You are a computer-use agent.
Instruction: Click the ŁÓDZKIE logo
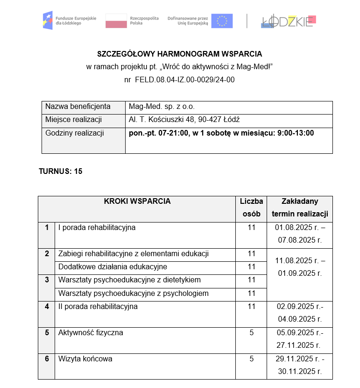click(289, 21)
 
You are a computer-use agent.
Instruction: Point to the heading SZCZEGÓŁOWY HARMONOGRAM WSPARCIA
click(180, 54)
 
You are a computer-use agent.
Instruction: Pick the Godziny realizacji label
click(75, 133)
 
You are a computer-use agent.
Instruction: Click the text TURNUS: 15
click(60, 171)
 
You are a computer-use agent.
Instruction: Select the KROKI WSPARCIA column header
click(137, 202)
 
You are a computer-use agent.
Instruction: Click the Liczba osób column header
click(251, 208)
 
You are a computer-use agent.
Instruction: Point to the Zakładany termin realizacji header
click(300, 208)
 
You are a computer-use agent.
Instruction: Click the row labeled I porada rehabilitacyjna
click(97, 228)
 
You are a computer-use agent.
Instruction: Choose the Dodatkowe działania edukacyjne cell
click(113, 267)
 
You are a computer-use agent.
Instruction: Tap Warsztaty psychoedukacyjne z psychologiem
click(133, 294)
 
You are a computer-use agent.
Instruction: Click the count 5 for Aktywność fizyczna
click(251, 333)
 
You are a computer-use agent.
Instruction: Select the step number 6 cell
click(47, 359)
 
